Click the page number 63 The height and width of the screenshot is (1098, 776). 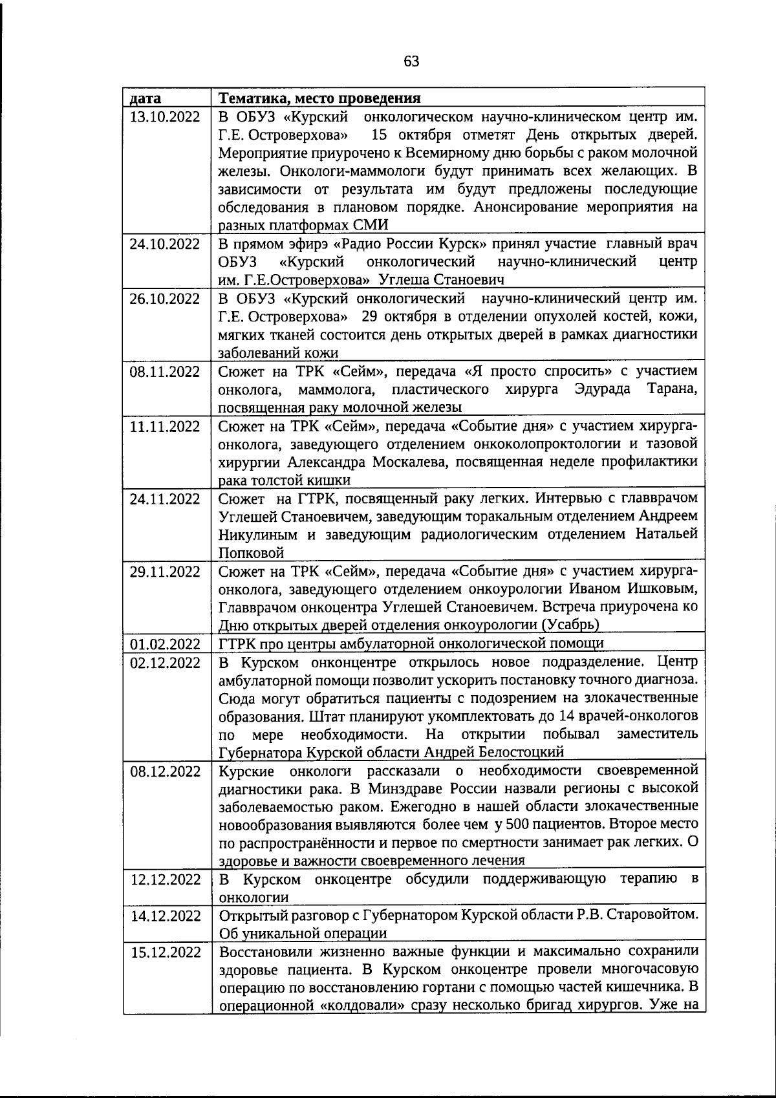(411, 61)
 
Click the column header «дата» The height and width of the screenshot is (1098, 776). (145, 98)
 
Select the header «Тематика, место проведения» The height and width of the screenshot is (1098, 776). (319, 98)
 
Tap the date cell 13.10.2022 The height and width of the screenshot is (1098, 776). (165, 117)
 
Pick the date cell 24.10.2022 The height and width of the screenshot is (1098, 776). (165, 244)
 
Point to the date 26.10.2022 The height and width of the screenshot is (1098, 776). (165, 299)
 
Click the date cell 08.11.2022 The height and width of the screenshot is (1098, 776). (165, 371)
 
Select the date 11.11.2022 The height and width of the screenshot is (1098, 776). (165, 426)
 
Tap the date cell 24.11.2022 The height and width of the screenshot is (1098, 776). (165, 499)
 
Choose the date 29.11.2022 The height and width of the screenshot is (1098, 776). (165, 572)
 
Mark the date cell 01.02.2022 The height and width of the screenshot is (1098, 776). (165, 643)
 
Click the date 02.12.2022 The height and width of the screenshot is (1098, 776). (165, 663)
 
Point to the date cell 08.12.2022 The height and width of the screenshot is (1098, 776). (165, 771)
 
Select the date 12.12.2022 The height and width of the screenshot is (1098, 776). (165, 879)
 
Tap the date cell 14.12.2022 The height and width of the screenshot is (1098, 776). (165, 916)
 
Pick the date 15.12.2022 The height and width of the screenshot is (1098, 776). (165, 953)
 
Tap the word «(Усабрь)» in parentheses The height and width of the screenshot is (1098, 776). (570, 625)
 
